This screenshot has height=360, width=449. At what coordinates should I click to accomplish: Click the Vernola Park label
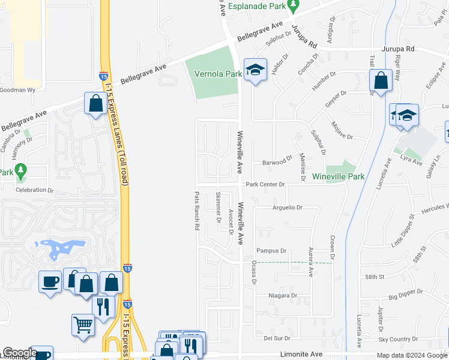(218, 74)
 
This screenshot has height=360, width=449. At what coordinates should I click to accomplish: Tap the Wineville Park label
(338, 177)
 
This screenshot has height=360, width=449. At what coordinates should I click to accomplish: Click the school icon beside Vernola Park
(255, 70)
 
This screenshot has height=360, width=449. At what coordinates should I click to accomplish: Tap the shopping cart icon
(83, 325)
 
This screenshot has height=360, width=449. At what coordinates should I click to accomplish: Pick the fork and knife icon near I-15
(103, 306)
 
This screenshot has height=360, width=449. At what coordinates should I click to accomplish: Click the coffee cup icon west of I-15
(50, 281)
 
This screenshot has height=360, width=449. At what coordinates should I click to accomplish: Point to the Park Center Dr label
(265, 184)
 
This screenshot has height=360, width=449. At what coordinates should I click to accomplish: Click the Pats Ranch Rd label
(196, 211)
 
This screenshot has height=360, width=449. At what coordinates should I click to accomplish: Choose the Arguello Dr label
(279, 208)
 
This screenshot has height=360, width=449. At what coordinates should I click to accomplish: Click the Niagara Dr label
(285, 296)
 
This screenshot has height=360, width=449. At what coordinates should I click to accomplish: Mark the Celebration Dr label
(35, 190)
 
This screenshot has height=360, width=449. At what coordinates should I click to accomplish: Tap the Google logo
(20, 352)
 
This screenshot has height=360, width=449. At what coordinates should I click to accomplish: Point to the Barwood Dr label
(277, 162)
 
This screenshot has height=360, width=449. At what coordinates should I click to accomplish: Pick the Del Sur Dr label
(277, 338)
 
